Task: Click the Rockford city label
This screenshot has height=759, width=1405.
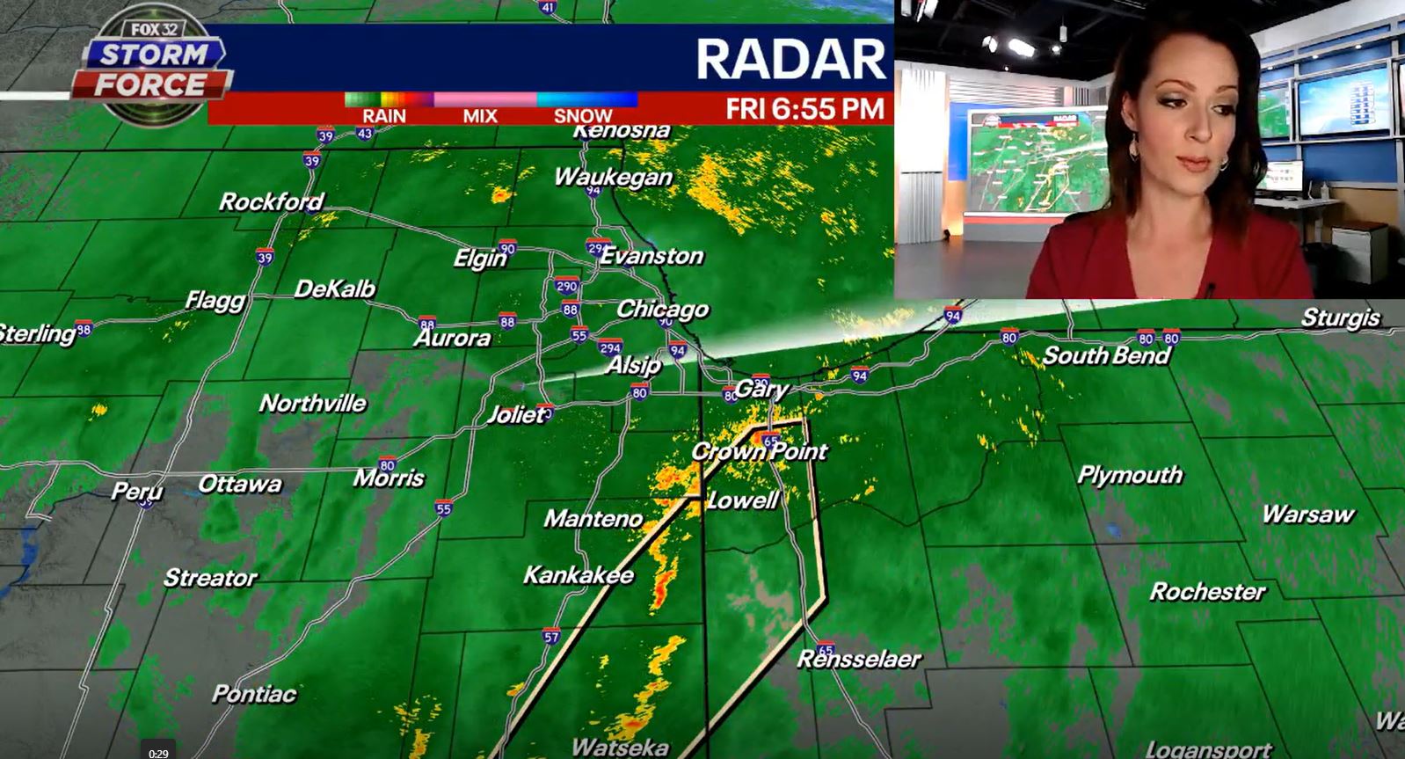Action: pyautogui.click(x=271, y=202)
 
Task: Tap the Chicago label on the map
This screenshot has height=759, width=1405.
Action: pyautogui.click(x=662, y=310)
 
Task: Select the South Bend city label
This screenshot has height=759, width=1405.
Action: pyautogui.click(x=1106, y=355)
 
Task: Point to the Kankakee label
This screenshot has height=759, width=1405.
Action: pyautogui.click(x=579, y=575)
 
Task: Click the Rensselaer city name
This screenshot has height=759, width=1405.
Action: pyautogui.click(x=859, y=659)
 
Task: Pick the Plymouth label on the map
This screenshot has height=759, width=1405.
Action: pyautogui.click(x=1130, y=475)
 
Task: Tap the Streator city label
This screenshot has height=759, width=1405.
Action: pyautogui.click(x=210, y=578)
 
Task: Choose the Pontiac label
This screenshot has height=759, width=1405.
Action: pyautogui.click(x=254, y=694)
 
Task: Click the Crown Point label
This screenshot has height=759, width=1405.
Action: pyautogui.click(x=759, y=451)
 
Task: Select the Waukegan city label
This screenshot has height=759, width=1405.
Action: pyautogui.click(x=613, y=177)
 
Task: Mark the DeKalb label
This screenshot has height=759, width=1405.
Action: pyautogui.click(x=335, y=288)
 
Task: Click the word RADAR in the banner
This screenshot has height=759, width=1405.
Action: pyautogui.click(x=790, y=59)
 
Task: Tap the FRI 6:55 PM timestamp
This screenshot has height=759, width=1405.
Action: pyautogui.click(x=804, y=109)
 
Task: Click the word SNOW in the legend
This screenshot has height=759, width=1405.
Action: pyautogui.click(x=582, y=115)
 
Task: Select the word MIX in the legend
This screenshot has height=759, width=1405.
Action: pyautogui.click(x=480, y=115)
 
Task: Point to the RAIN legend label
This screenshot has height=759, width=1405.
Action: pyautogui.click(x=384, y=115)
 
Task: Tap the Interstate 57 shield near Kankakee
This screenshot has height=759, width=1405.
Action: pyautogui.click(x=551, y=637)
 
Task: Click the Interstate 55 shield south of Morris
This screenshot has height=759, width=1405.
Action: pyautogui.click(x=443, y=508)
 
